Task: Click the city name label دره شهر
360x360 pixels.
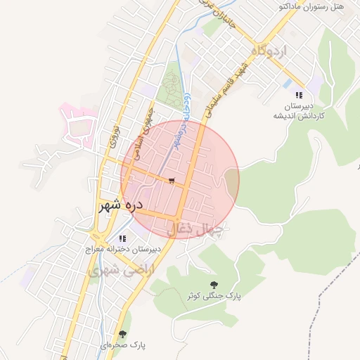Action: (121, 205)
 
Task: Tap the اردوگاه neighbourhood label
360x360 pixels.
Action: (269, 51)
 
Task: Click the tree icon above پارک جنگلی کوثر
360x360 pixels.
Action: (214, 284)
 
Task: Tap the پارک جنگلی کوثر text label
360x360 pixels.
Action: (214, 296)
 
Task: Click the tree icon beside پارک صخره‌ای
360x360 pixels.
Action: (123, 335)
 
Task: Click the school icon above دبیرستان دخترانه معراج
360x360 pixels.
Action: (123, 238)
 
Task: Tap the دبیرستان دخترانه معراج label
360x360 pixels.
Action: (123, 250)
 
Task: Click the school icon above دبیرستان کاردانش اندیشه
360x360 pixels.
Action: (299, 95)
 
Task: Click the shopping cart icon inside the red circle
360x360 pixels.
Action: (172, 181)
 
